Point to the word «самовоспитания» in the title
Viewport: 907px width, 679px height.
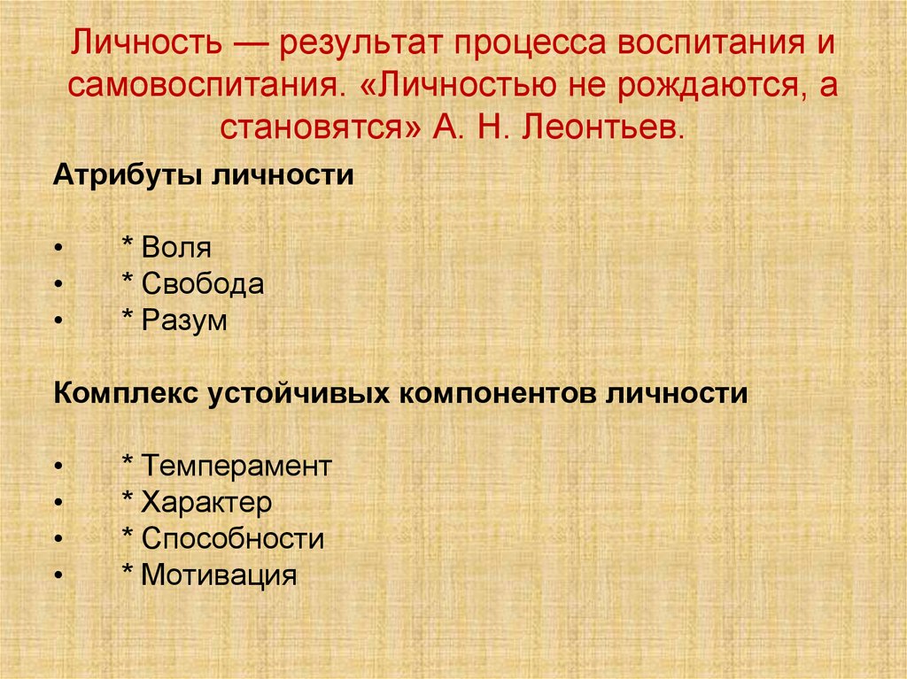point(205,85)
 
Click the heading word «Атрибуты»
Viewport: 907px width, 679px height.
point(128,174)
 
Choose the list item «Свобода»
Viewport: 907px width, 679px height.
point(203,284)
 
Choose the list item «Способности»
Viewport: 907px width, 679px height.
point(233,539)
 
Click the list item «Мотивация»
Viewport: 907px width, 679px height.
point(219,575)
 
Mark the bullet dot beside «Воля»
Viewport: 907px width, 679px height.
point(58,249)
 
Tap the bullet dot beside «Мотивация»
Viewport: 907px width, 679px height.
point(58,576)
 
